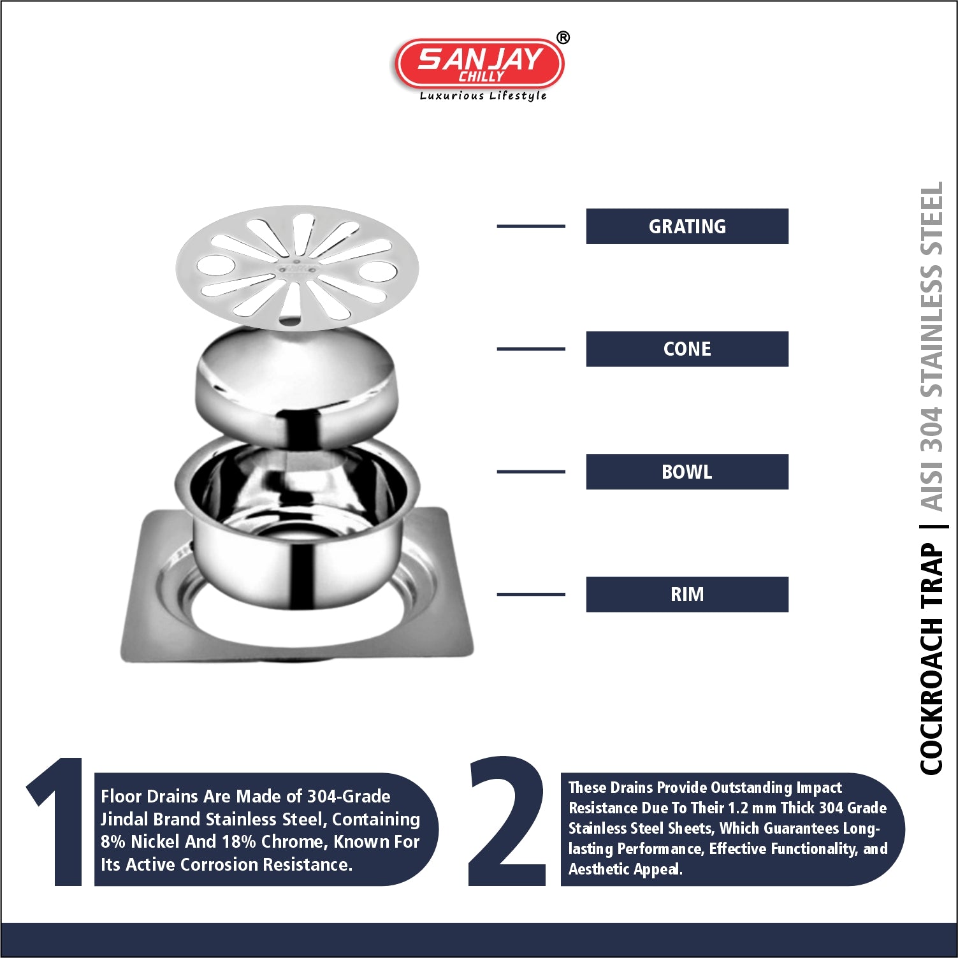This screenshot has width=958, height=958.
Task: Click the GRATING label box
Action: point(687,226)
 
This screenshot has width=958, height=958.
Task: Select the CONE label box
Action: point(687,349)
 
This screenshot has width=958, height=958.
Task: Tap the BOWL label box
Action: point(687,472)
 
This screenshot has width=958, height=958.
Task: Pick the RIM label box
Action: point(687,594)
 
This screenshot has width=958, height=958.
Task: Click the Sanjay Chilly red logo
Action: point(480,64)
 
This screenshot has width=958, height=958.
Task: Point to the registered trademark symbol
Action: point(563,38)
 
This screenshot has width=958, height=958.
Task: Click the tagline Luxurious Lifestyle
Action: point(483,96)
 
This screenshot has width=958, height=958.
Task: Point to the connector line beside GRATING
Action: point(531,226)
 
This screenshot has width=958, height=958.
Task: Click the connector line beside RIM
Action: point(531,594)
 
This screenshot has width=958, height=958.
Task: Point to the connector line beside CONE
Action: point(531,349)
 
